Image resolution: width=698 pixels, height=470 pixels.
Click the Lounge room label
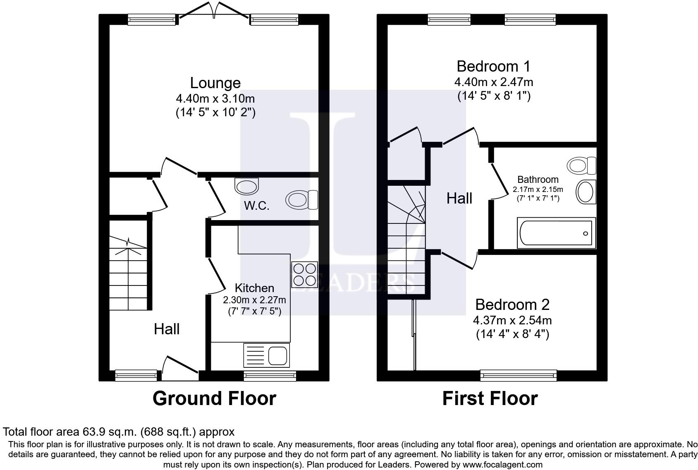tap(215, 83)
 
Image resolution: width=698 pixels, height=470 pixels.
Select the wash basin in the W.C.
tap(246, 186)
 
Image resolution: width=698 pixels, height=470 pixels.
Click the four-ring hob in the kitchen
tap(304, 275)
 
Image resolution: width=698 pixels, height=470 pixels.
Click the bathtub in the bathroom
tap(556, 233)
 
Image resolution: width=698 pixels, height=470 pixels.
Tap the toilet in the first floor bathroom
tap(581, 166)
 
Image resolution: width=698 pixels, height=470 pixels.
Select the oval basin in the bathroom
tap(586, 192)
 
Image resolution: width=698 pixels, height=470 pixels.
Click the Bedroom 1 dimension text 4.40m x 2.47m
tap(494, 82)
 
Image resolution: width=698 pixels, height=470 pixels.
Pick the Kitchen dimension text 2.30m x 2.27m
tap(254, 300)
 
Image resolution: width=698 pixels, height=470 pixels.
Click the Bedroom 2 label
tap(512, 305)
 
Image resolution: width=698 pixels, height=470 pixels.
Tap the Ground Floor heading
tap(214, 398)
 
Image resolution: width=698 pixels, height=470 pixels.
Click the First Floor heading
tap(490, 398)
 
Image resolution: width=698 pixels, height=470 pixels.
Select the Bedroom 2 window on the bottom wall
tap(519, 376)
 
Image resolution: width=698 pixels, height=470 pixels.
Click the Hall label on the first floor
tap(459, 199)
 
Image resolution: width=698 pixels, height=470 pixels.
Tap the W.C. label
tap(256, 205)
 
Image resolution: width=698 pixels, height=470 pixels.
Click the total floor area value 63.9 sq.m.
tap(108, 432)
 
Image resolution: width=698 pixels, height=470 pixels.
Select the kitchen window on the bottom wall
tap(270, 376)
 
